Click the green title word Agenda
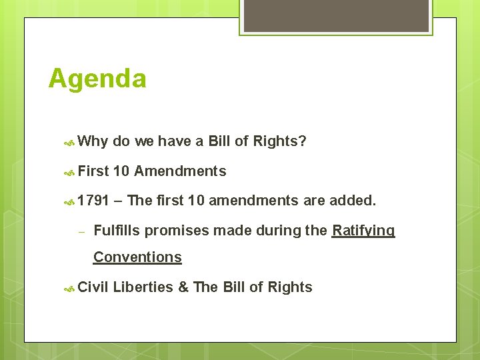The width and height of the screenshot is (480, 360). click(x=97, y=79)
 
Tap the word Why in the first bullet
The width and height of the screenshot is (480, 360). click(x=93, y=141)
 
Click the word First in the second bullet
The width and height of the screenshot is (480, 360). click(x=93, y=171)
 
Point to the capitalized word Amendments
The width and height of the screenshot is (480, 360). click(x=180, y=171)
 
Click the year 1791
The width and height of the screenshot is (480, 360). click(x=93, y=200)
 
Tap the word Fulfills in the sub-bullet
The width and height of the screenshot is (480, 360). click(x=117, y=231)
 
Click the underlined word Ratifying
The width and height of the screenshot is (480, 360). click(x=363, y=231)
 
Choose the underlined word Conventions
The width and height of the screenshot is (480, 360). click(x=137, y=257)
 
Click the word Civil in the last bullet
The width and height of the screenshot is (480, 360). click(x=93, y=287)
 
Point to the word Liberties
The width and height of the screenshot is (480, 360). click(x=143, y=287)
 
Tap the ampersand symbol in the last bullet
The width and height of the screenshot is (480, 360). click(x=183, y=287)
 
